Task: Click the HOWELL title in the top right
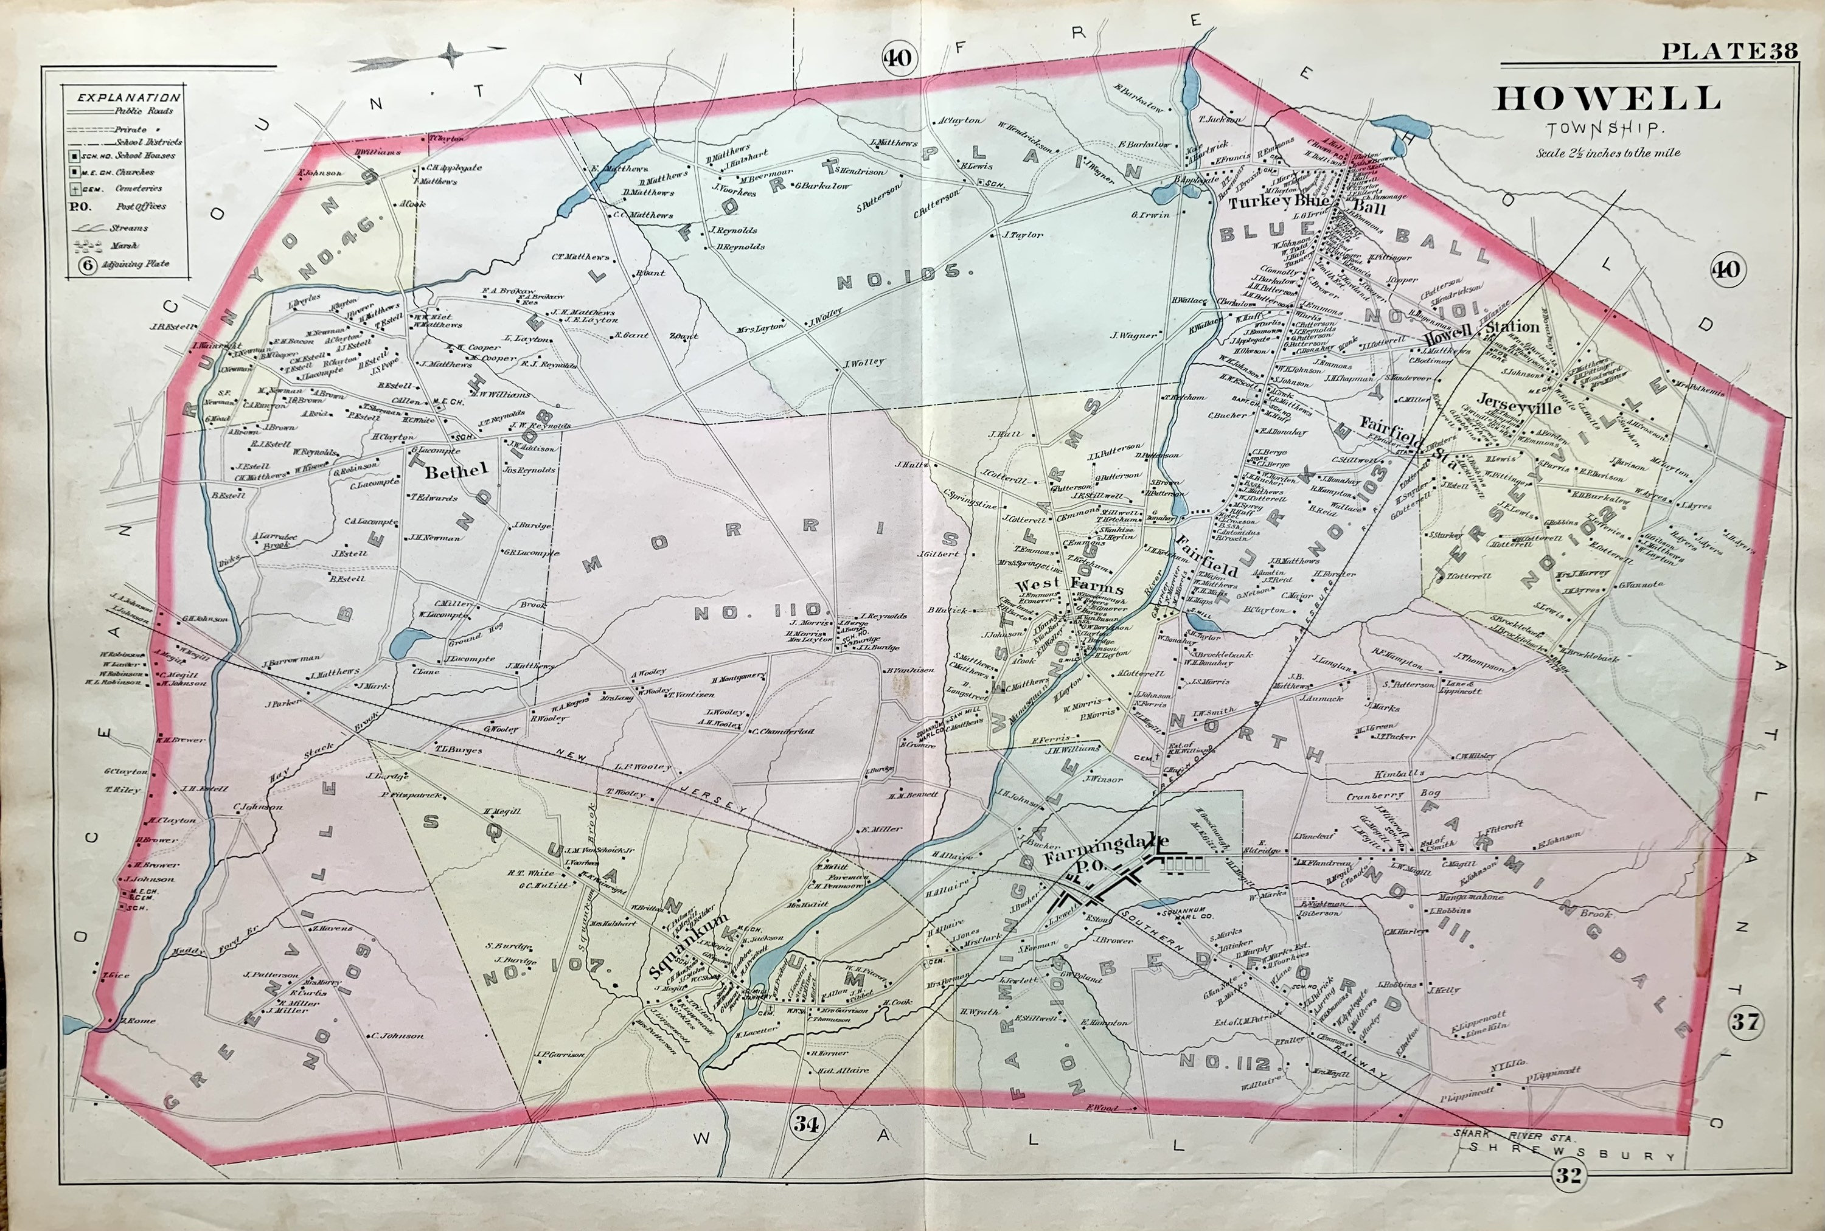point(1607,100)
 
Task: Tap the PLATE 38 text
point(1728,51)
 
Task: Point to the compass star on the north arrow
point(451,55)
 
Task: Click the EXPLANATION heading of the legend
point(128,97)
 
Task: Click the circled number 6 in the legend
point(87,265)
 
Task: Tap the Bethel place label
point(456,471)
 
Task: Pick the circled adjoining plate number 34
point(805,1123)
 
